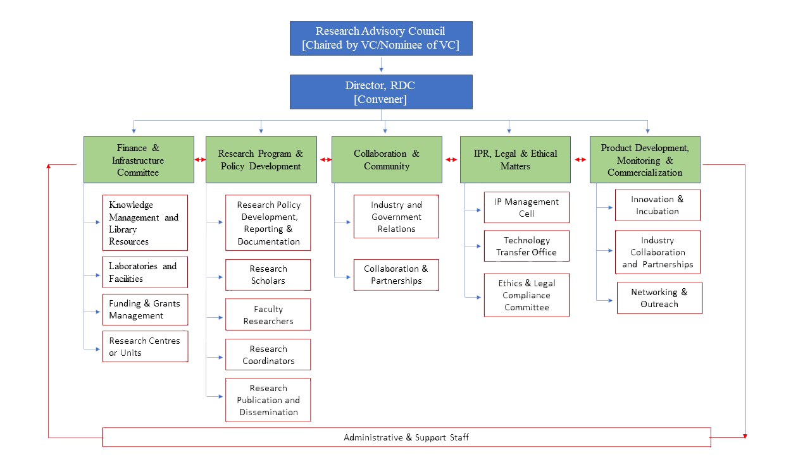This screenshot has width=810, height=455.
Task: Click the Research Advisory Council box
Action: (x=381, y=38)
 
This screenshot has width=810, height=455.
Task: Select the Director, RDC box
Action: (x=381, y=92)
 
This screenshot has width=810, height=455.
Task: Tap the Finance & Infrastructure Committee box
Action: (x=139, y=160)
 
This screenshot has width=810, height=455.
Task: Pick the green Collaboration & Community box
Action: (x=387, y=160)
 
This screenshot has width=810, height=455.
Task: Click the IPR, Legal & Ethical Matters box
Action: (x=515, y=160)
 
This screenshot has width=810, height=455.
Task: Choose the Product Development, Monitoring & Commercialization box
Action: (x=645, y=160)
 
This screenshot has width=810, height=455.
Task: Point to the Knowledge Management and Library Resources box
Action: (x=145, y=222)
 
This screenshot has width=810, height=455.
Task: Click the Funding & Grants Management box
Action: (x=145, y=310)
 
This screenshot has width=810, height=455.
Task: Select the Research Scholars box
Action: (x=268, y=275)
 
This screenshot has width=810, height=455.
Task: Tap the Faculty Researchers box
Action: (x=268, y=315)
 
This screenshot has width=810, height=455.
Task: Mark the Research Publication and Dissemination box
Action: (x=268, y=400)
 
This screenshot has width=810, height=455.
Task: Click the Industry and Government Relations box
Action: (x=396, y=217)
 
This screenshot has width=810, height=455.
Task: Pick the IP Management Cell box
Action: (x=526, y=207)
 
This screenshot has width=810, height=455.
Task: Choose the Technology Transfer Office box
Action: (x=526, y=246)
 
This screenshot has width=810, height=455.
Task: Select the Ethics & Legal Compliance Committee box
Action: (x=526, y=295)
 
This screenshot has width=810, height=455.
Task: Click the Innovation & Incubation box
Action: (x=657, y=205)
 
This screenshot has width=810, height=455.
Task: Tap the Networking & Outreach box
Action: (x=659, y=298)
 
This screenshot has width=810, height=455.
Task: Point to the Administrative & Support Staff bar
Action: (x=406, y=437)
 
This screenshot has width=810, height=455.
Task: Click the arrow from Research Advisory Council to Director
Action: (x=381, y=64)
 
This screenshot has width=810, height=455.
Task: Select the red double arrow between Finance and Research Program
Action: (x=200, y=160)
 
